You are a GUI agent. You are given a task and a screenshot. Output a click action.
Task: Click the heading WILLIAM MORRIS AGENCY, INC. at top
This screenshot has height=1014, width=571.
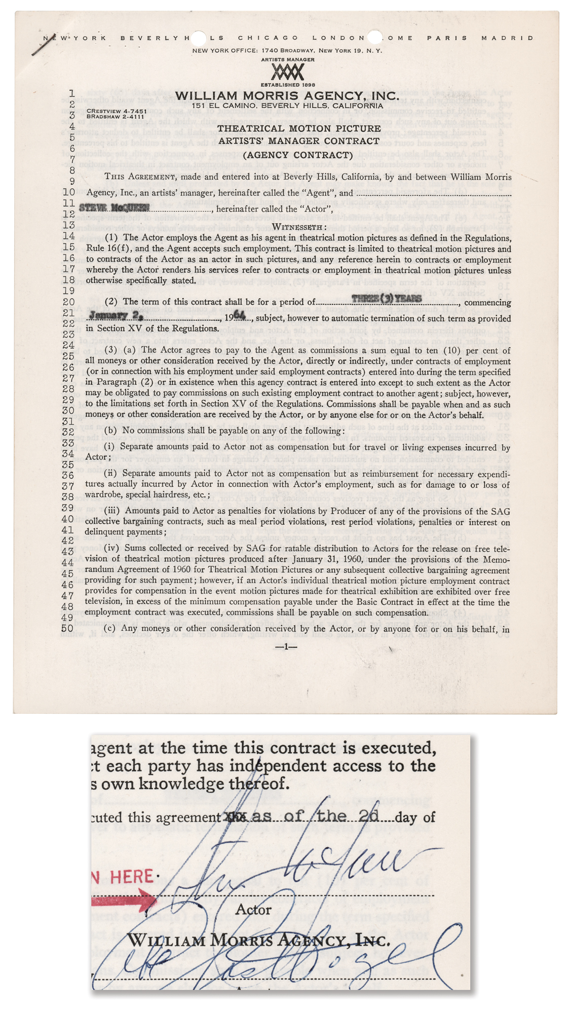pos(287,96)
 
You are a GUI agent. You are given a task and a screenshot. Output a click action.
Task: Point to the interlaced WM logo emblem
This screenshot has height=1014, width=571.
pos(287,72)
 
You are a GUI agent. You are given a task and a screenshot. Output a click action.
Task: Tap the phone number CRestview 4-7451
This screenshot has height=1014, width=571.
pos(117,111)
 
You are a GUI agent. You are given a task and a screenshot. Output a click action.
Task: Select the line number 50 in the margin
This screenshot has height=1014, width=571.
pos(68,628)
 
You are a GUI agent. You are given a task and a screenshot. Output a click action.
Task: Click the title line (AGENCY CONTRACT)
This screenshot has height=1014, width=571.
pos(297,155)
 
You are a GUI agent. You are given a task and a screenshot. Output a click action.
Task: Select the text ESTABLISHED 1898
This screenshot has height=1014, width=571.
pos(287,85)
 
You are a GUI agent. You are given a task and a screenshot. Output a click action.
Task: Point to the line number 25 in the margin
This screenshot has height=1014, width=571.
pos(68,356)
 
